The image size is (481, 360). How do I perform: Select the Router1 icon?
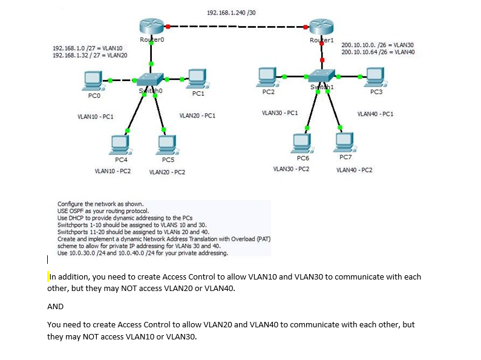click(x=321, y=27)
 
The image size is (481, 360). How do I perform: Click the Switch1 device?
click(x=321, y=74)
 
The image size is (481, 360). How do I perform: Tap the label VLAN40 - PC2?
click(x=354, y=170)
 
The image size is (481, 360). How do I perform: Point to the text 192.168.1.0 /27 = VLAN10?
click(x=88, y=48)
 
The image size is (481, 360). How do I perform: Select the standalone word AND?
click(x=55, y=307)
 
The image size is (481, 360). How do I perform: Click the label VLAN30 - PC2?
click(x=292, y=169)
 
